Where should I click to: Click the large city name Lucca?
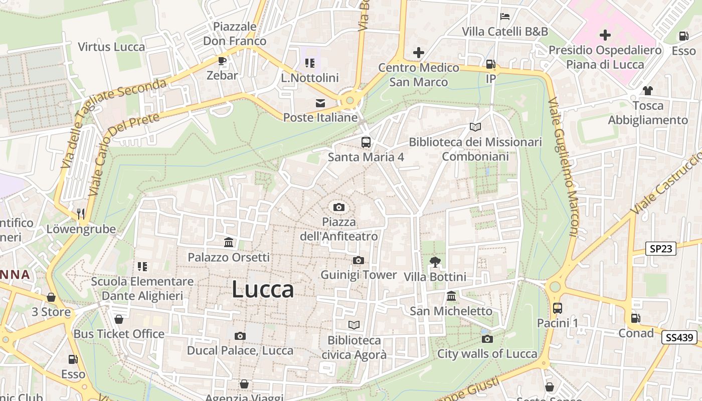263,290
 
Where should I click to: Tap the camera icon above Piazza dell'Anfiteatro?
339,207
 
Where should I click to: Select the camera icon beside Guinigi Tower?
358,260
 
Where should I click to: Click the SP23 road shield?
660,248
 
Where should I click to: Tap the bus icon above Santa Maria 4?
366,142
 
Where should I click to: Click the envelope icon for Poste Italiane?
320,103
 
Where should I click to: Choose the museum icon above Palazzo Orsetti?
229,243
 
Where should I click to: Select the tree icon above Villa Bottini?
435,262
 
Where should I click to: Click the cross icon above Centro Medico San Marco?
419,53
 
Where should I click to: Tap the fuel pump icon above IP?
490,64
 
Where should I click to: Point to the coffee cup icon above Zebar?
222,61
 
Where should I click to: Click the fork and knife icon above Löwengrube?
81,215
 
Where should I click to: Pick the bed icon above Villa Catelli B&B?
505,17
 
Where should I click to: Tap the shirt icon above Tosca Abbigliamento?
647,91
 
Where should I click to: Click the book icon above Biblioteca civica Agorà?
354,325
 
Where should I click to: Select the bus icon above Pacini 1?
557,308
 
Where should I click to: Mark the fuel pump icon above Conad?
635,318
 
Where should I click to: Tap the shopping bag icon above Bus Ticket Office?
119,319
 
